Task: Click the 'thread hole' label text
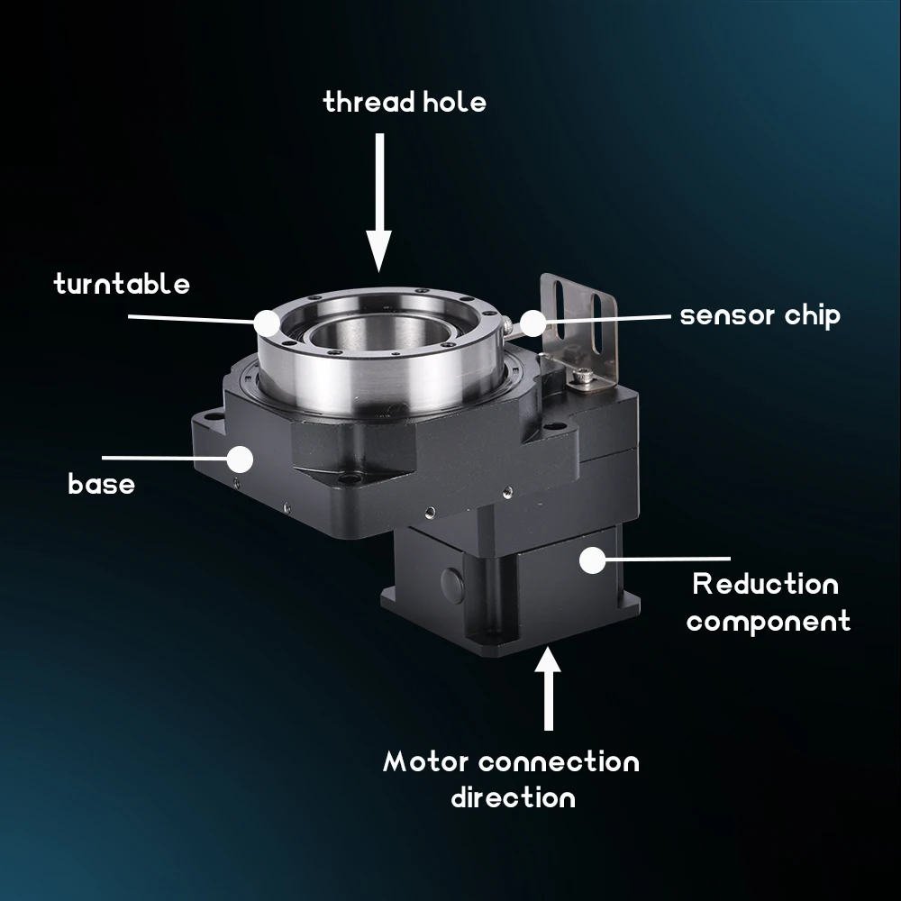coord(405,102)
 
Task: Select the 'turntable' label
coord(122,285)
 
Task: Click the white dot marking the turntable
coord(266,322)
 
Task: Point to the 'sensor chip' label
coord(760,315)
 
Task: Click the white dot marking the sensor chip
coord(532,322)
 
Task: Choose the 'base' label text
coord(101,485)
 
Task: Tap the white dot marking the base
coord(239,459)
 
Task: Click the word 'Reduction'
coord(765,584)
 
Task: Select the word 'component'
coord(769,622)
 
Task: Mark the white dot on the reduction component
coord(591,560)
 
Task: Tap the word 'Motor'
coord(426,761)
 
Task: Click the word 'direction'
coord(512,798)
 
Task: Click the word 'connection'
coord(559,761)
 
